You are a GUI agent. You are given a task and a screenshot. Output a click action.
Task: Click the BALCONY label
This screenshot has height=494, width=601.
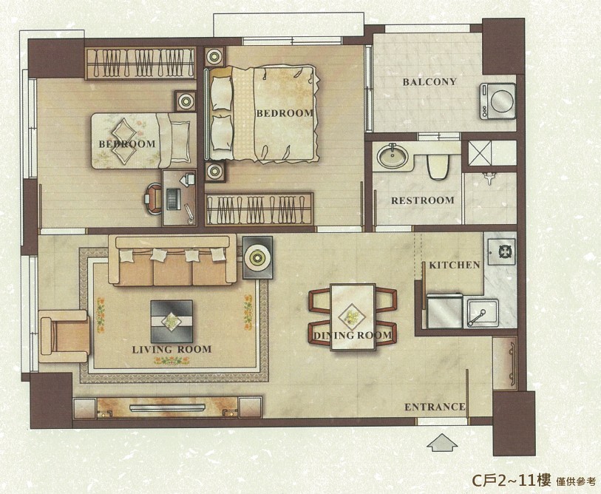click(x=429, y=81)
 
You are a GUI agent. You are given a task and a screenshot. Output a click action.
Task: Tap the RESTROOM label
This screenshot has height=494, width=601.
click(x=422, y=200)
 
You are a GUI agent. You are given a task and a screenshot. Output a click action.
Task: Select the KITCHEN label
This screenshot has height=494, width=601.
click(x=454, y=265)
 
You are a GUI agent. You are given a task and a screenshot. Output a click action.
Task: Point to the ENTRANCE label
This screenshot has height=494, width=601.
click(x=435, y=407)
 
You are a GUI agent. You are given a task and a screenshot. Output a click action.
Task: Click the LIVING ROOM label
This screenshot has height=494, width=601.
click(x=172, y=349)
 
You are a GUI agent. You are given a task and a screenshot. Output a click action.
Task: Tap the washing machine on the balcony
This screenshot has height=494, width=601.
click(x=498, y=101)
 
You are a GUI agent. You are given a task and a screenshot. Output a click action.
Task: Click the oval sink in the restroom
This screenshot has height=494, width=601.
click(x=392, y=156)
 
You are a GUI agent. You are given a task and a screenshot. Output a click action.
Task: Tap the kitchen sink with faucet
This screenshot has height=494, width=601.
click(x=482, y=314)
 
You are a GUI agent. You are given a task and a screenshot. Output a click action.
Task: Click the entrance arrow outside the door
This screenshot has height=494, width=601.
click(x=442, y=442)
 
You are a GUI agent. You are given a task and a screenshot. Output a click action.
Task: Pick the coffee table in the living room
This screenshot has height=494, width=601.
click(x=172, y=321)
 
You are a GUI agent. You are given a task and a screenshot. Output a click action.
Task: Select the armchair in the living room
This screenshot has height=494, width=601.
click(x=64, y=336)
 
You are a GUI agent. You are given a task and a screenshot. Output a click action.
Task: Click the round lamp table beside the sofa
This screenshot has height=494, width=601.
click(x=257, y=257)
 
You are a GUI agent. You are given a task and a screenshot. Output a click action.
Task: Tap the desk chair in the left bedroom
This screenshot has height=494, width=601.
click(x=153, y=198)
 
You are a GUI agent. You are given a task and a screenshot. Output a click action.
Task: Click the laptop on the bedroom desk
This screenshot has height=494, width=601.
click(x=174, y=199)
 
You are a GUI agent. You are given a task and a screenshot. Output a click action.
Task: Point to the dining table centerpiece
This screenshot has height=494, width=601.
click(x=352, y=317)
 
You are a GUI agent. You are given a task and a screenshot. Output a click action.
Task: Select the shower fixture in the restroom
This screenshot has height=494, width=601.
click(x=489, y=178)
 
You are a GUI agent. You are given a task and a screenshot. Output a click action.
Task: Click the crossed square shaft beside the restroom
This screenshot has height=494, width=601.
click(x=480, y=153)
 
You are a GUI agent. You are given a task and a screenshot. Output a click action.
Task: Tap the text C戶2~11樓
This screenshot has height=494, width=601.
click(x=512, y=479)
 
